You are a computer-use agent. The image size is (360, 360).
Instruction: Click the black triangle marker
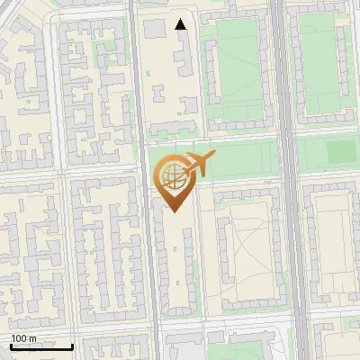[x=181, y=24]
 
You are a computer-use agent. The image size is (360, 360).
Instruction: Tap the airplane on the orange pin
[x=197, y=166]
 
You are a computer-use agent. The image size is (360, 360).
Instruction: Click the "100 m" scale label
[x=24, y=338]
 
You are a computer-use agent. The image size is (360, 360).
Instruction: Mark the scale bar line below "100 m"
[x=41, y=346]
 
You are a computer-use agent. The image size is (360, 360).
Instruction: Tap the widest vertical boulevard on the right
[x=290, y=180]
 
